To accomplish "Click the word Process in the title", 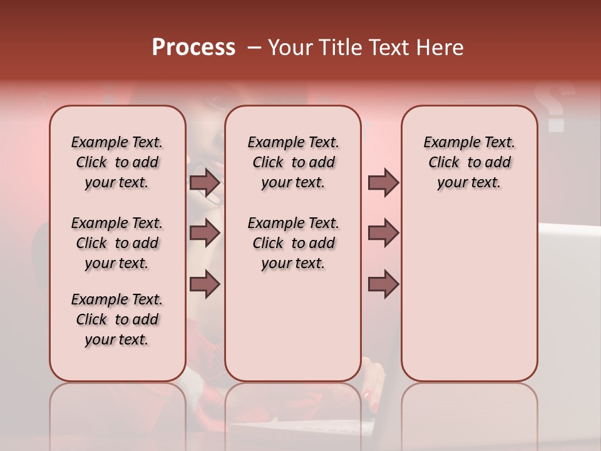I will pyautogui.click(x=193, y=48).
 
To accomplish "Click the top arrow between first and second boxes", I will pyautogui.click(x=205, y=183).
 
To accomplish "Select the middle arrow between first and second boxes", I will pyautogui.click(x=205, y=233).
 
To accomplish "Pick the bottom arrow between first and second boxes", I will pyautogui.click(x=205, y=284).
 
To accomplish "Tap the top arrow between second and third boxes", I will pyautogui.click(x=383, y=183).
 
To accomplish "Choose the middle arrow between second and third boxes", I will pyautogui.click(x=383, y=233).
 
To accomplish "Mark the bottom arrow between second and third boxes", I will pyautogui.click(x=383, y=284).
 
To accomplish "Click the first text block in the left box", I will pyautogui.click(x=117, y=162).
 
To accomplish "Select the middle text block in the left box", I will pyautogui.click(x=117, y=243).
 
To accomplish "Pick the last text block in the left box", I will pyautogui.click(x=117, y=319).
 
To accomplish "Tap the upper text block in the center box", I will pyautogui.click(x=293, y=162).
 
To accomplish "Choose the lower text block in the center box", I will pyautogui.click(x=293, y=243).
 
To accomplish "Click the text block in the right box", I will pyautogui.click(x=469, y=162).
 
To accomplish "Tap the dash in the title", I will pyautogui.click(x=254, y=48).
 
